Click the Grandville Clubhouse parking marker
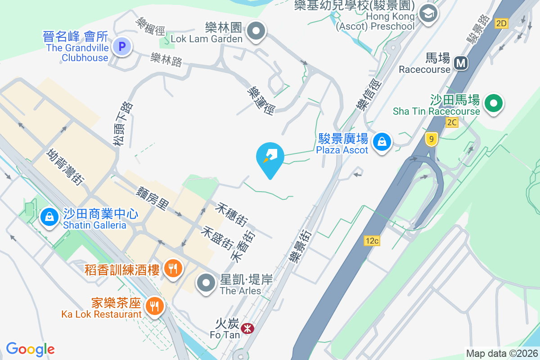click(121, 46)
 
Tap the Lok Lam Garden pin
click(257, 31)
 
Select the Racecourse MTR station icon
click(460, 63)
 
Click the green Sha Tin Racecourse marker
click(494, 103)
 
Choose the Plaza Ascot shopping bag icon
click(382, 142)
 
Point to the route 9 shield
click(431, 139)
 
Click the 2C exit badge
click(452, 122)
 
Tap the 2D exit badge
click(501, 23)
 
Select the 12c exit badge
click(372, 241)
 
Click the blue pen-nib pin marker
click(270, 157)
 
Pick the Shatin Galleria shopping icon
click(50, 217)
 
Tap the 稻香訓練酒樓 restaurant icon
click(172, 268)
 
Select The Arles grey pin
click(207, 283)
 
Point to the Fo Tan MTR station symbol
click(247, 328)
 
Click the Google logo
click(30, 349)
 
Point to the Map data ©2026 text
click(502, 354)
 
